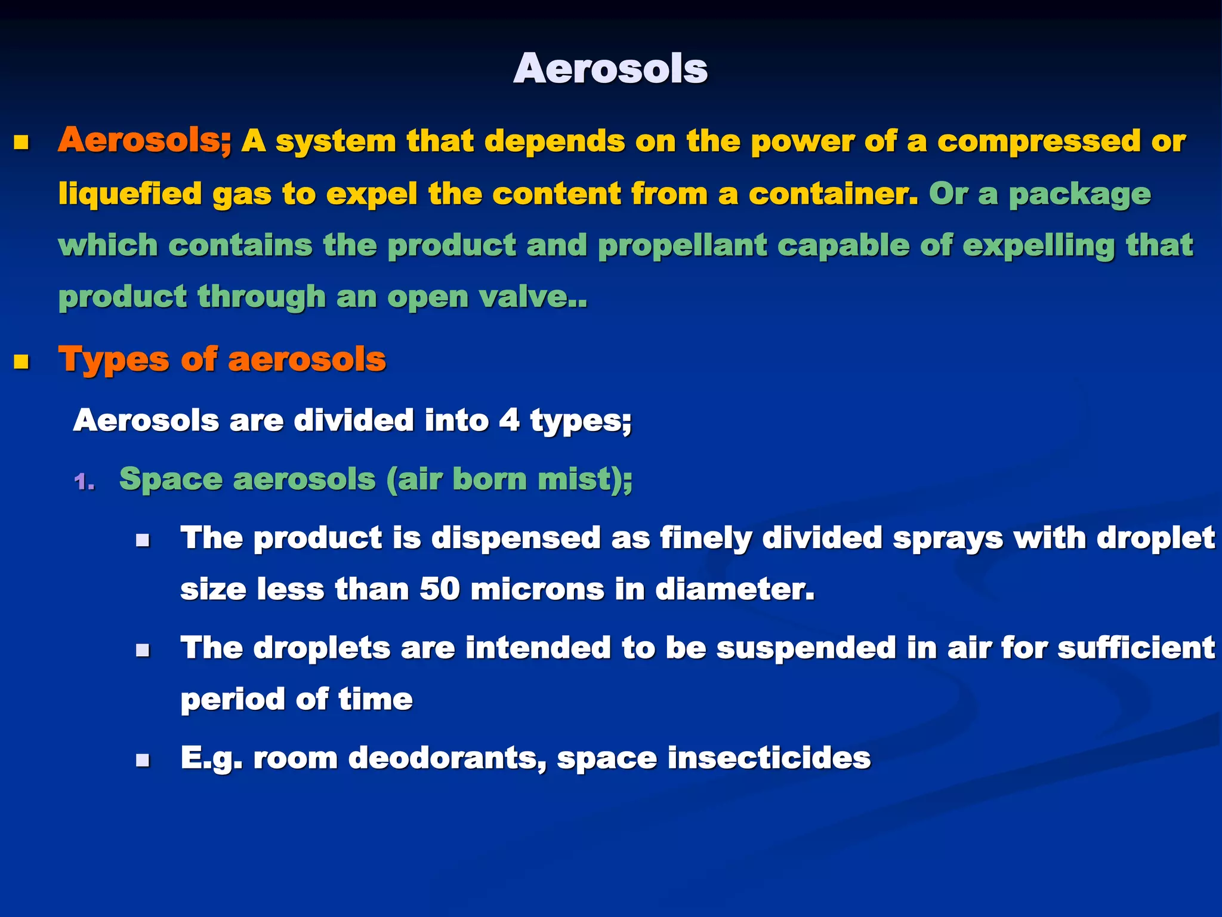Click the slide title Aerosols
(x=610, y=69)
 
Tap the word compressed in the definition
(x=1039, y=141)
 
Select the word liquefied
(x=130, y=194)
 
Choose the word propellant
(x=682, y=246)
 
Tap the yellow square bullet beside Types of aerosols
(x=22, y=362)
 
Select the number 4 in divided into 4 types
(x=509, y=420)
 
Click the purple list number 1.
(x=85, y=481)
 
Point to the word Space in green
(x=171, y=479)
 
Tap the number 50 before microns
(x=440, y=589)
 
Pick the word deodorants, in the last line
(x=448, y=758)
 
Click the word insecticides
(x=769, y=758)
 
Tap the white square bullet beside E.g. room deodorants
(x=142, y=760)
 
